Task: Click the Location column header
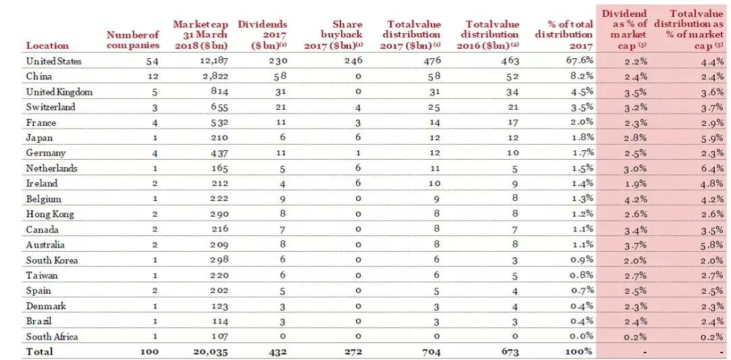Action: point(47,45)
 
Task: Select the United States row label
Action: point(54,61)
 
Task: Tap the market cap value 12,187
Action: point(211,61)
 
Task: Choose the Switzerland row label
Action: point(51,107)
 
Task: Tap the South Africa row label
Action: point(52,336)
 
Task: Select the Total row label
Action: point(39,351)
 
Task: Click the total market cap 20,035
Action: point(211,351)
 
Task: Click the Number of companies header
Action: point(133,40)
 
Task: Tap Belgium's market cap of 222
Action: point(219,199)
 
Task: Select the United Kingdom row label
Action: point(59,92)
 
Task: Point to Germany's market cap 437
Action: point(219,153)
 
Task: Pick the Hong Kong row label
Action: point(50,214)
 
